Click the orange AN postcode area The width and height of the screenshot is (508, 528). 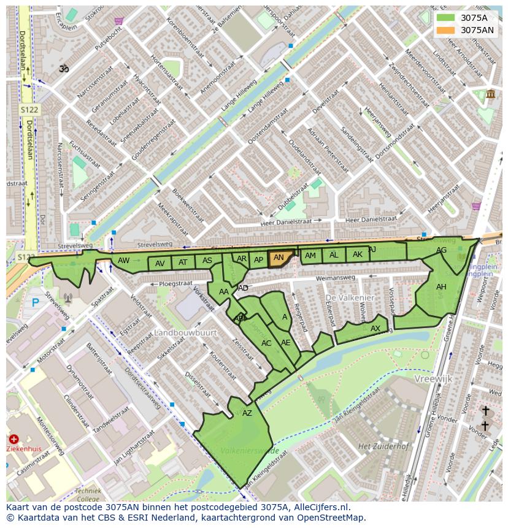tap(279, 258)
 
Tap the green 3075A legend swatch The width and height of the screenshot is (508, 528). tap(446, 18)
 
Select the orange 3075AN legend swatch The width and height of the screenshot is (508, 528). tap(446, 30)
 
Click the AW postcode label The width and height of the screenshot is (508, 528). tap(124, 261)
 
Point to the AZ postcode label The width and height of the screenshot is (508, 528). tap(247, 413)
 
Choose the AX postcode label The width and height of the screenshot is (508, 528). tap(375, 329)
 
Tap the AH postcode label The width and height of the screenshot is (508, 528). tap(441, 287)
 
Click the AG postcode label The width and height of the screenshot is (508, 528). tap(441, 250)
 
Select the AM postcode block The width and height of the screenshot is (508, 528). tap(311, 256)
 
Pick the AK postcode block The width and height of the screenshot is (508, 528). tap(357, 254)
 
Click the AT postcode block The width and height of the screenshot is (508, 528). tap(183, 262)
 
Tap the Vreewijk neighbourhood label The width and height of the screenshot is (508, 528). tap(433, 379)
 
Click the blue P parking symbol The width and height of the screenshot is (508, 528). tap(35, 302)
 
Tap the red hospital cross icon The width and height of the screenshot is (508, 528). tap(13, 439)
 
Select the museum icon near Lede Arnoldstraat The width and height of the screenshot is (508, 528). tap(490, 94)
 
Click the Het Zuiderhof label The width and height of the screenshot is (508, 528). tap(383, 446)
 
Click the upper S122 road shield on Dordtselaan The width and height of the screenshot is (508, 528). tap(28, 110)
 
